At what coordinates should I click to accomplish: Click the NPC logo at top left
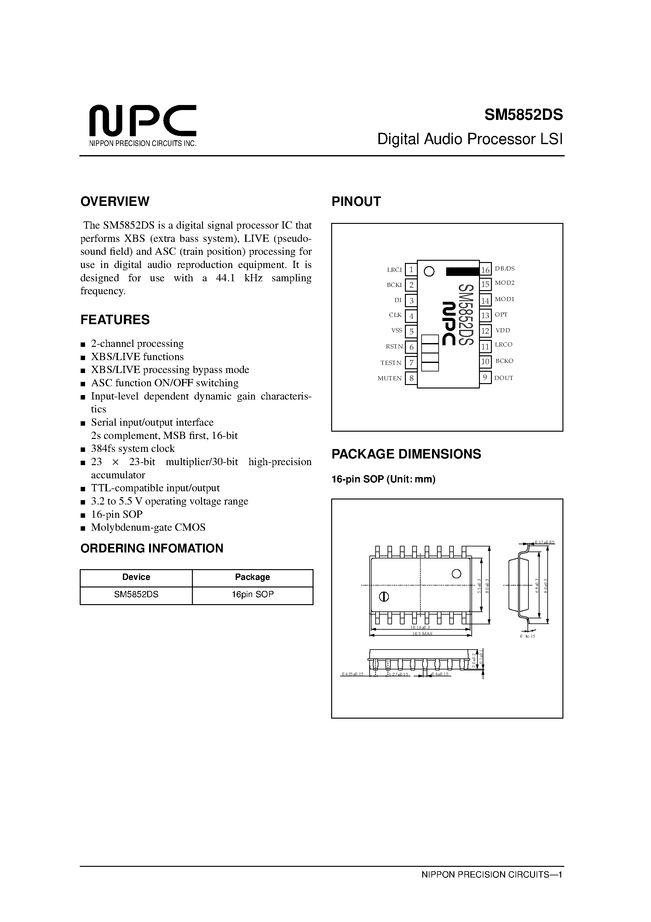(x=142, y=120)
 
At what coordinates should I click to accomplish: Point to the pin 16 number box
(x=485, y=270)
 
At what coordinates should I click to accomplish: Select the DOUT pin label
(x=504, y=378)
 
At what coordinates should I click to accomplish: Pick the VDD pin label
(x=503, y=330)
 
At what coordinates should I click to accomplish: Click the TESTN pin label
(x=390, y=363)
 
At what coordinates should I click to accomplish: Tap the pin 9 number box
(x=485, y=377)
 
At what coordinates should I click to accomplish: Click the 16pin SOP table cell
(x=252, y=595)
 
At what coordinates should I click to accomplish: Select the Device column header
(x=136, y=577)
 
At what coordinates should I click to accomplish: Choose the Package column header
(x=252, y=577)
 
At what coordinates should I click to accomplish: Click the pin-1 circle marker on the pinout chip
(x=429, y=271)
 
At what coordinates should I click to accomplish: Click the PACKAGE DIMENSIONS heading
(x=406, y=454)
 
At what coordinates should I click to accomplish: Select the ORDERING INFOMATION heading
(x=152, y=549)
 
